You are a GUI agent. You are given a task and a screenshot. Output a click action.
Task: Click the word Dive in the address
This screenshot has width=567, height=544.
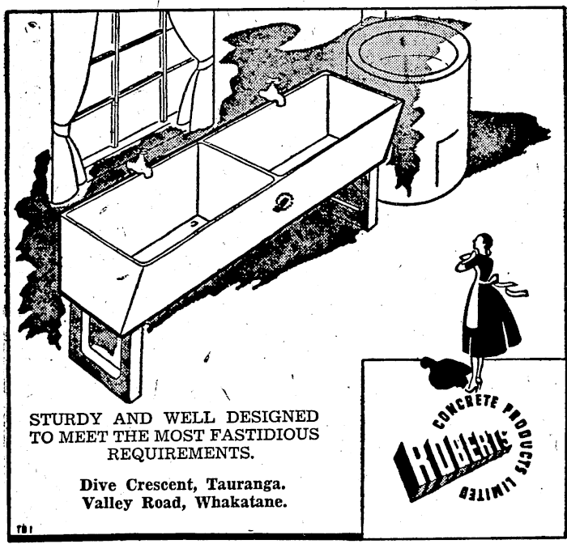click(x=96, y=484)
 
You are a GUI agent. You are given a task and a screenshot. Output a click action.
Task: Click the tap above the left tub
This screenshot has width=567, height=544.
click(x=141, y=165)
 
